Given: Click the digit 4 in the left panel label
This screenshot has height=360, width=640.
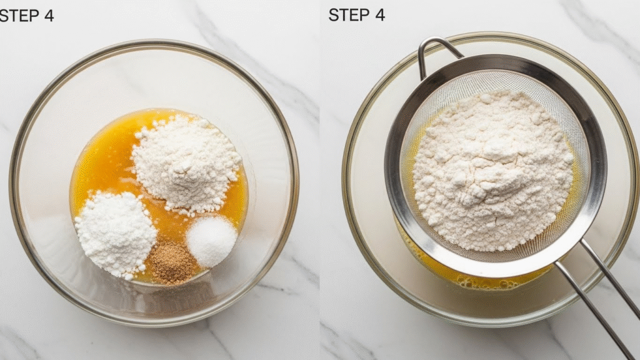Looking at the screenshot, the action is click(49, 16).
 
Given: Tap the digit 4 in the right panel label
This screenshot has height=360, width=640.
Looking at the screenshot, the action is click(379, 15).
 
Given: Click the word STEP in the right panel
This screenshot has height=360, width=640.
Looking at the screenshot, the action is click(348, 15).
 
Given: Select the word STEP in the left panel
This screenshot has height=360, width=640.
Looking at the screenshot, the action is click(19, 16).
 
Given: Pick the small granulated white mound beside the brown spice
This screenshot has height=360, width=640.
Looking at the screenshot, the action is click(211, 241).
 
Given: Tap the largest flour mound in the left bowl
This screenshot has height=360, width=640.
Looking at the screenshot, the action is click(187, 163).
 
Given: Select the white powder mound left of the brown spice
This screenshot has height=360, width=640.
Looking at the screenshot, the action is click(116, 234).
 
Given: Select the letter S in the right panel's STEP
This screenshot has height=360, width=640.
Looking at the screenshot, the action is click(333, 15).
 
